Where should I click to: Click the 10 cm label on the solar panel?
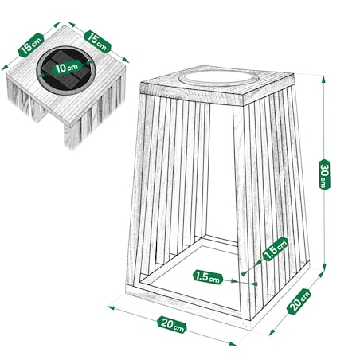[67, 68]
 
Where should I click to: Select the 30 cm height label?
[324, 174]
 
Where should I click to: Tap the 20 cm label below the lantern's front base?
[172, 325]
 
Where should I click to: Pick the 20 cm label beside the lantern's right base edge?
[299, 302]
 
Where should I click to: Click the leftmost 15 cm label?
[31, 45]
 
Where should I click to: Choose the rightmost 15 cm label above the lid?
[97, 42]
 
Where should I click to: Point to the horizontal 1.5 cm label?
[208, 277]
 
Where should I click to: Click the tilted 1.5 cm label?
[276, 248]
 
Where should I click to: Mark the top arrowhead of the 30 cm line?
[323, 79]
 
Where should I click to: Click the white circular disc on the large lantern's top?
[214, 79]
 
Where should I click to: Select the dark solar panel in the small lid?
[66, 71]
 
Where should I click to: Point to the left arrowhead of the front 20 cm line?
[111, 307]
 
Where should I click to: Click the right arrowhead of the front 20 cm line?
[233, 344]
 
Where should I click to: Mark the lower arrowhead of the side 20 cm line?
[272, 332]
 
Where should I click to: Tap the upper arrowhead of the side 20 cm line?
[321, 274]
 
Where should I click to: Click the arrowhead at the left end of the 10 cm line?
[41, 75]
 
